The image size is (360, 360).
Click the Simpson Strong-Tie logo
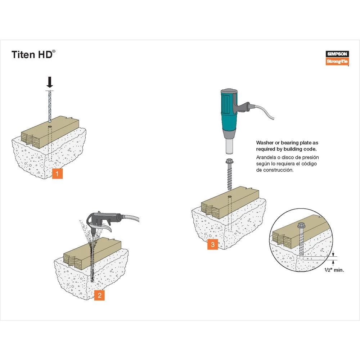(337, 58)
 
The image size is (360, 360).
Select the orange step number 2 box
(99, 295)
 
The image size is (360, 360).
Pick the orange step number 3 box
(212, 245)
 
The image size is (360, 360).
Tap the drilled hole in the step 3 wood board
(229, 197)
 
